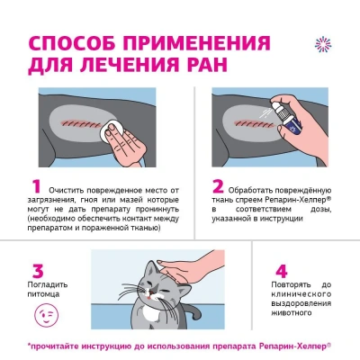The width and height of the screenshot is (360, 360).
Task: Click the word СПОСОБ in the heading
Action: click(72, 43)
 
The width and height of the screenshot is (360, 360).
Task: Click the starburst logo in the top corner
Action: click(323, 44)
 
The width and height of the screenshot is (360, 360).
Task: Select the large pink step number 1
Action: click(36, 186)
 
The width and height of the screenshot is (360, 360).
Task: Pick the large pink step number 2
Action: click(218, 186)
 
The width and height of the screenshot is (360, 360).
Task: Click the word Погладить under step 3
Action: click(48, 284)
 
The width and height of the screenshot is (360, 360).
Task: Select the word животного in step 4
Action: click(290, 313)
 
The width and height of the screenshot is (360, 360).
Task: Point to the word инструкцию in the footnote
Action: click(103, 346)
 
